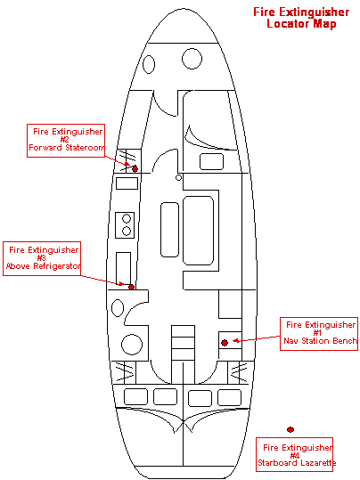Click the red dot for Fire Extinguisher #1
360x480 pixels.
click(x=225, y=343)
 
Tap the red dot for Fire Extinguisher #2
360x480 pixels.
click(x=135, y=168)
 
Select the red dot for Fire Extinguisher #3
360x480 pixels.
click(x=131, y=287)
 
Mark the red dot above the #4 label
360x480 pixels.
click(x=290, y=429)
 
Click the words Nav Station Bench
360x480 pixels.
click(x=320, y=341)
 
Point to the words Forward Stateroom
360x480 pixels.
click(x=67, y=148)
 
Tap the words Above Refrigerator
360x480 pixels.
click(x=43, y=265)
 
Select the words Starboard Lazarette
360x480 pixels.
click(x=297, y=462)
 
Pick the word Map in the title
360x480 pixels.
click(x=324, y=24)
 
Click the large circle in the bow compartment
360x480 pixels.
click(x=192, y=59)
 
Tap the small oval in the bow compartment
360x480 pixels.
click(x=149, y=65)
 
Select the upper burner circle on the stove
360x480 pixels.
click(x=127, y=218)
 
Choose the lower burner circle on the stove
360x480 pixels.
click(x=127, y=231)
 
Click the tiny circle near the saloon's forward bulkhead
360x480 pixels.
click(x=178, y=177)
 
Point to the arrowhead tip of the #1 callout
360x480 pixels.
click(x=233, y=340)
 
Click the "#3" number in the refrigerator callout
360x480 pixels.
click(x=41, y=258)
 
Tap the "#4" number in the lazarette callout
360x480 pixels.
click(x=294, y=456)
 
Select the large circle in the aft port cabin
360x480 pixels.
click(x=132, y=345)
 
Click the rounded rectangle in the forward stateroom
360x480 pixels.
click(x=211, y=161)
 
